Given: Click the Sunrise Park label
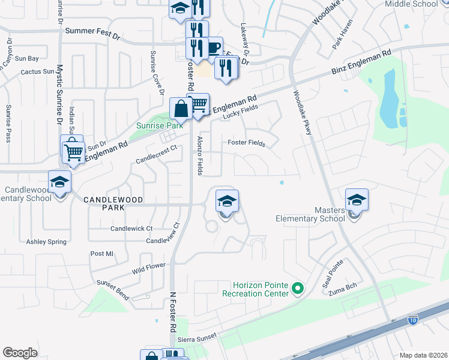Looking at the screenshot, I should [x=158, y=126].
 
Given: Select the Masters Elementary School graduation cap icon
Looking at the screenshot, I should [x=357, y=200].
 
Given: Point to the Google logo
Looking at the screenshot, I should [x=20, y=353].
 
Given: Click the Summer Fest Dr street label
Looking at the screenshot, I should [x=92, y=30].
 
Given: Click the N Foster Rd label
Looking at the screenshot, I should [x=173, y=313].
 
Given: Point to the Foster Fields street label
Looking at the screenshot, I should [x=246, y=143].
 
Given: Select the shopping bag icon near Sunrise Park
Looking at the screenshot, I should [x=181, y=109].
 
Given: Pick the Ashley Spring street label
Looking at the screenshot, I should [x=46, y=242].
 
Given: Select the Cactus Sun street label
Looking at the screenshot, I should [x=37, y=71].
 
